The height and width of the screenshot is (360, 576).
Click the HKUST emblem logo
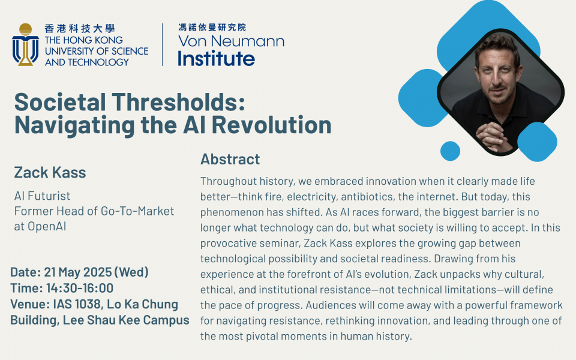[x=25, y=44]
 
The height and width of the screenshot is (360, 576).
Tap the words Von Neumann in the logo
[x=231, y=41]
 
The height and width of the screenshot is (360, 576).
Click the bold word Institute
[x=217, y=58]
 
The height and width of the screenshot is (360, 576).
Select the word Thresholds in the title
[x=179, y=102]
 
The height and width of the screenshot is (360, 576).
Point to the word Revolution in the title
[x=271, y=125]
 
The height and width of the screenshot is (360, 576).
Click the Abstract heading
[x=230, y=159]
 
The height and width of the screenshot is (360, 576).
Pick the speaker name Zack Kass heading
[x=50, y=172]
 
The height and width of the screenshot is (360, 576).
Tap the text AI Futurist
[x=42, y=196]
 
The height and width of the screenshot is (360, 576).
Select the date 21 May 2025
[x=77, y=272]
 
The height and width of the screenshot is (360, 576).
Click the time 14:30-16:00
[x=79, y=288]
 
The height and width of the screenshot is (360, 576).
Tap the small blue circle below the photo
[x=450, y=151]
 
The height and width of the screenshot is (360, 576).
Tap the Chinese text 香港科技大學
[x=80, y=28]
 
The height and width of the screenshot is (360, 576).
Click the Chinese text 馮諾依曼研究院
[x=212, y=27]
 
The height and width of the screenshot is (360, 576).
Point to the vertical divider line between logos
[x=163, y=44]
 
